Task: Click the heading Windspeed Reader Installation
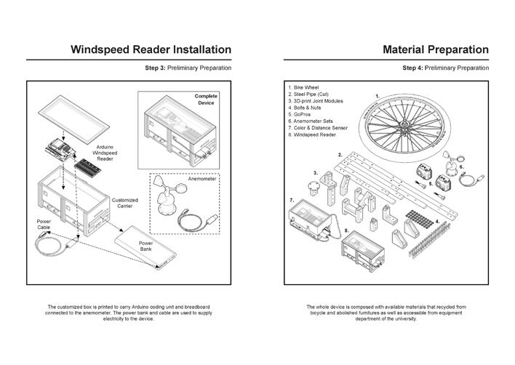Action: point(151,49)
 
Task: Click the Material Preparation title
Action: point(436,49)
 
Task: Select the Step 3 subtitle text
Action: point(188,68)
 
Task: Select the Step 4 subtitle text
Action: point(445,68)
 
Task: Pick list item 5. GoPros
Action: point(303,114)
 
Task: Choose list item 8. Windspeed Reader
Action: point(313,135)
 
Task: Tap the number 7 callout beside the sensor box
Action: point(292,199)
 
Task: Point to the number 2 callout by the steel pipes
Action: point(340,155)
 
